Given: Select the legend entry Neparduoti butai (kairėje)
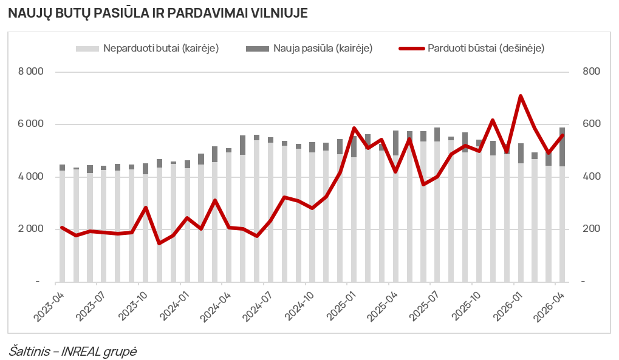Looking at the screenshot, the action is coord(147,48).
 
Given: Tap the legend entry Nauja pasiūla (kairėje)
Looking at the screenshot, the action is coord(309,48).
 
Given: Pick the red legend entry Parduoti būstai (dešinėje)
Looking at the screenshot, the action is coord(472,48).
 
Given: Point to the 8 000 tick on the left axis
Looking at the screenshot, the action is coord(31,72).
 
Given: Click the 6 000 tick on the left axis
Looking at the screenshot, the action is coord(31,124).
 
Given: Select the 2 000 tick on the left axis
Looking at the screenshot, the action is coord(31,229).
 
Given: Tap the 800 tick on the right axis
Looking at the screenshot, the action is coord(591,72).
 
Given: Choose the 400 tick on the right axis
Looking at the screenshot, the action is coord(591,177).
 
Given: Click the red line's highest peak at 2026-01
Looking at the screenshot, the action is coord(521,96).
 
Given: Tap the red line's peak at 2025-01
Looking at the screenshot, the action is coord(354,128).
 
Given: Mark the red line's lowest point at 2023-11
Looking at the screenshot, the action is coord(160,243).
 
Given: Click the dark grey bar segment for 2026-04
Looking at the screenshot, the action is coord(562,147).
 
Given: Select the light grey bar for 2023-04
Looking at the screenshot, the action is coord(63,226).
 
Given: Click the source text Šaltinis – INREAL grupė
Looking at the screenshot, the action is coord(73,351).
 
